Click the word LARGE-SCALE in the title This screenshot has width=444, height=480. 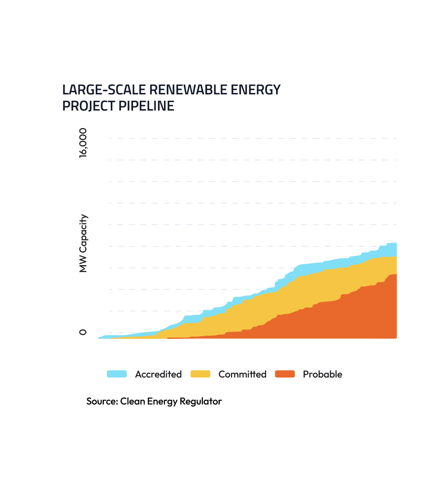pyautogui.click(x=104, y=90)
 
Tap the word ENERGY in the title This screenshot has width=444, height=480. pyautogui.click(x=260, y=90)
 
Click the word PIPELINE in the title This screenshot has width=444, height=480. pyautogui.click(x=147, y=107)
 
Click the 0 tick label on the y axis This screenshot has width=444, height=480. pyautogui.click(x=83, y=332)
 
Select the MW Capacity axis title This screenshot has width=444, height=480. pyautogui.click(x=83, y=243)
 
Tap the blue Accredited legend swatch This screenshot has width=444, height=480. pyautogui.click(x=116, y=374)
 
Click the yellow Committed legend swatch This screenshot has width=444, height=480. pyautogui.click(x=200, y=374)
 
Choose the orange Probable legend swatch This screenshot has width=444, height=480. pyautogui.click(x=285, y=374)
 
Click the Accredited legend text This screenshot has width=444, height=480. pyautogui.click(x=158, y=374)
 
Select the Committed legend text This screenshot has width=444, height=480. pyautogui.click(x=242, y=374)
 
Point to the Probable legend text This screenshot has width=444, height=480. pyautogui.click(x=322, y=374)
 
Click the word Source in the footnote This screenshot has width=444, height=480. pyautogui.click(x=102, y=401)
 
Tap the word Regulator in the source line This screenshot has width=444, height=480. pyautogui.click(x=201, y=401)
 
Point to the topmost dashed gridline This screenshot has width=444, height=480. pyautogui.click(x=252, y=138)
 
